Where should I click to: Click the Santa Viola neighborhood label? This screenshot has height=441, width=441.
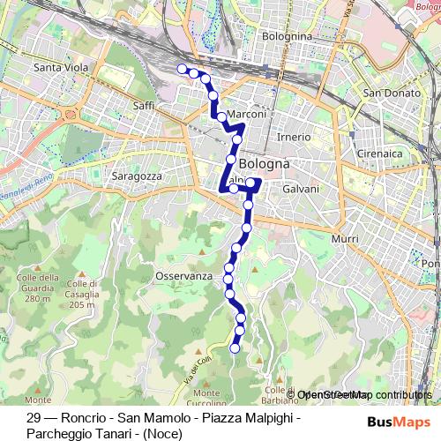58,67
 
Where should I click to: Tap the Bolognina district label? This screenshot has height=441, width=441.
288,36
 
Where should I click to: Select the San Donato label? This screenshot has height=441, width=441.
390,93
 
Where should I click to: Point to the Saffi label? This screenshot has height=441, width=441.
143,106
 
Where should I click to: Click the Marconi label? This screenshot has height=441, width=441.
247,115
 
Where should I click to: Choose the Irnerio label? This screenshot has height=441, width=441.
294,137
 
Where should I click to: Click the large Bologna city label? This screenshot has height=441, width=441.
265,164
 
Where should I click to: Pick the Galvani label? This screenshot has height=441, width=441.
301,190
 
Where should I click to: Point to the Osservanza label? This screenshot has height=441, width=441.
184,276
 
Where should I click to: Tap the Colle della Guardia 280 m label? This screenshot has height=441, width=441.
36,288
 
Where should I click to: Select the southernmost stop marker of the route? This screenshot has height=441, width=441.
235,348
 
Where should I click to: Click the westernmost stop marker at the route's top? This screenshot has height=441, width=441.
183,69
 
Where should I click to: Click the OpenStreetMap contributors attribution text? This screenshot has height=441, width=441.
364,394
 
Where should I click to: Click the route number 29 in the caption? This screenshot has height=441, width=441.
34,418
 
